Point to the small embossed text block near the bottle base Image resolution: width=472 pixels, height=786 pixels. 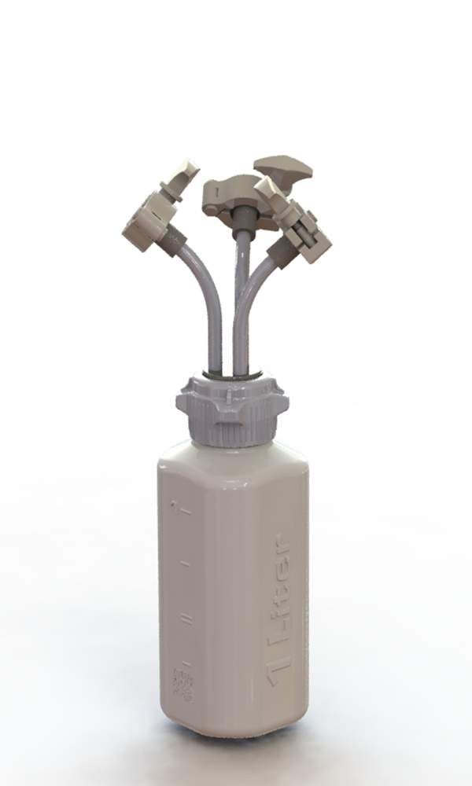(x=183, y=684)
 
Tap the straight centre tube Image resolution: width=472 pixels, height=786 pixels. (x=239, y=299)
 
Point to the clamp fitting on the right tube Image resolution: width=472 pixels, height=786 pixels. (x=303, y=232)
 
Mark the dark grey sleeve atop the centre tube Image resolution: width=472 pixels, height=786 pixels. (x=242, y=221)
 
